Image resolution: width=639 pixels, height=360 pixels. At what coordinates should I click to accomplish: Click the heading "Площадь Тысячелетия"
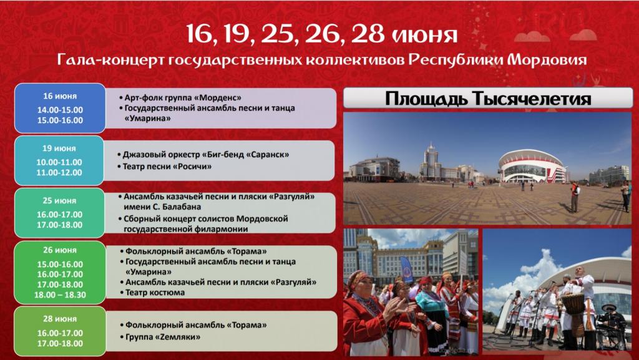click(488, 99)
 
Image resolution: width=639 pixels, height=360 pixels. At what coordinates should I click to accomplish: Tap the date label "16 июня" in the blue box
click(60, 97)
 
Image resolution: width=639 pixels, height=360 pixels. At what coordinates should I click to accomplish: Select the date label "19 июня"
click(59, 148)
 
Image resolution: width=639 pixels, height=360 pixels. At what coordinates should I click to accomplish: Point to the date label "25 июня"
click(59, 201)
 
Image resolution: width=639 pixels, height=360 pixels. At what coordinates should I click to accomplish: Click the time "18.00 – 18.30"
click(60, 295)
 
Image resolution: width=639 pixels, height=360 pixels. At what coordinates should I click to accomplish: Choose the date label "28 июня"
click(60, 319)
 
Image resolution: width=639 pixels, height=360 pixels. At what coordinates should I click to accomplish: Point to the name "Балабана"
click(182, 207)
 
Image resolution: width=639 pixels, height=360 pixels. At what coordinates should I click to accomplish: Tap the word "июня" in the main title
click(424, 35)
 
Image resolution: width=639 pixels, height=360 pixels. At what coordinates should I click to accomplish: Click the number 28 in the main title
click(368, 34)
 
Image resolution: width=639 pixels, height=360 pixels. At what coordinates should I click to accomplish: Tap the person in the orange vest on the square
click(575, 197)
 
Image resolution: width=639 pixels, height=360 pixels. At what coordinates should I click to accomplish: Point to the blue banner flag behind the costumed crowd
click(407, 269)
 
